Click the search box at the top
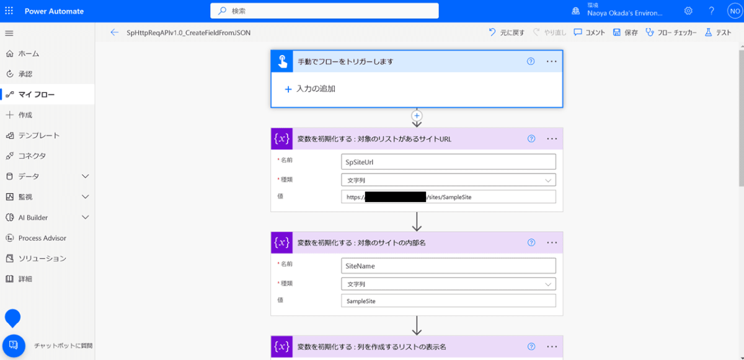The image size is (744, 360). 324,11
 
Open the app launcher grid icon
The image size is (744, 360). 9,11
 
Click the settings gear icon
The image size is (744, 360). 688,11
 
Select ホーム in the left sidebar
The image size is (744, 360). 29,53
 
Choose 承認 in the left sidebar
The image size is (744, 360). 25,74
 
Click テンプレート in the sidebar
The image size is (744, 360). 38,135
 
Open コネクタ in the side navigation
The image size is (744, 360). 32,156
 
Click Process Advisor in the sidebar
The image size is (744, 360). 42,238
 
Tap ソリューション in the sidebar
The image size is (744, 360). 42,258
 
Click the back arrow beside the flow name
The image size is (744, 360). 114,33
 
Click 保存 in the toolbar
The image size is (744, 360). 626,33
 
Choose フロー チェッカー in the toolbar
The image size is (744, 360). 671,33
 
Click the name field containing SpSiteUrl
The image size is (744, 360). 448,162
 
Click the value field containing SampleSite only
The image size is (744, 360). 448,301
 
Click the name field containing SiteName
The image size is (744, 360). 448,266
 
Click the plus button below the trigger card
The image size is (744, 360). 417,115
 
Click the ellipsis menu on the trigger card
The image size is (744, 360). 552,61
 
